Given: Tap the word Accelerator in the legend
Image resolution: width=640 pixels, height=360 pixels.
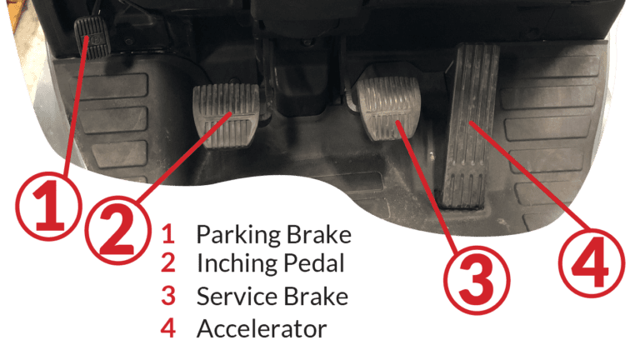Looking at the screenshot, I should pyautogui.click(x=261, y=328).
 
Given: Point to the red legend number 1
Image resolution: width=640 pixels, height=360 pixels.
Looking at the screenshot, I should pyautogui.click(x=169, y=235).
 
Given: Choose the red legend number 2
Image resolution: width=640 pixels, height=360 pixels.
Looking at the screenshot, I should pyautogui.click(x=169, y=264).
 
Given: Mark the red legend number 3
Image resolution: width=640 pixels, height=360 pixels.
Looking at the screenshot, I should pyautogui.click(x=169, y=296).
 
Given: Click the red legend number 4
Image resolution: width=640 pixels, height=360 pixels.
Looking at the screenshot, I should pyautogui.click(x=169, y=328).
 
